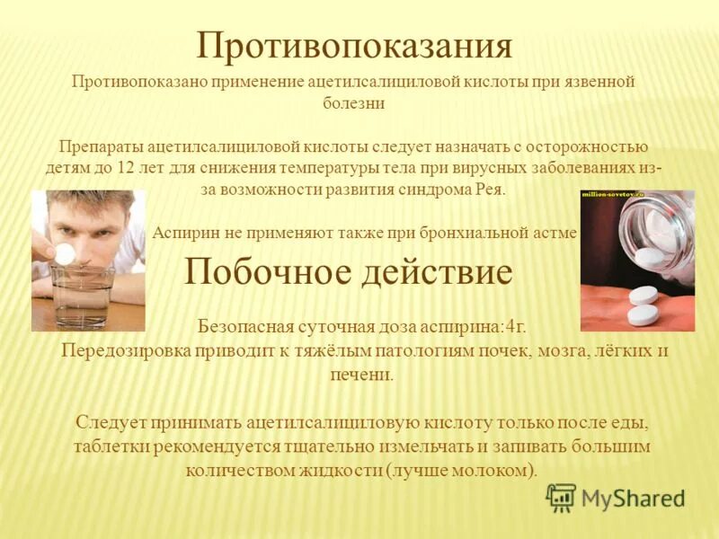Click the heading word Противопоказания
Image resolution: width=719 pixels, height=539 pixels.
pos(354,46)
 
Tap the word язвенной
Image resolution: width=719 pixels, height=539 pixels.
pos(597,82)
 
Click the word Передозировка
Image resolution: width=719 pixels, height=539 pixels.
pos(120,351)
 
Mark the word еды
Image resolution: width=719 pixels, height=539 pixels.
pos(628,422)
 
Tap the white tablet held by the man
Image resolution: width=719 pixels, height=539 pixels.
pos(66,254)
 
